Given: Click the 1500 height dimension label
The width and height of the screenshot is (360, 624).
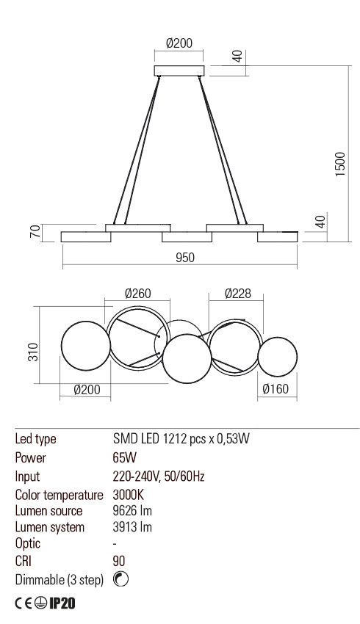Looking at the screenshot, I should (x=340, y=164).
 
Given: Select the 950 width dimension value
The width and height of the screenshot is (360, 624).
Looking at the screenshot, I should (x=184, y=257).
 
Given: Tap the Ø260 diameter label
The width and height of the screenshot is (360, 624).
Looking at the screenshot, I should (x=137, y=293).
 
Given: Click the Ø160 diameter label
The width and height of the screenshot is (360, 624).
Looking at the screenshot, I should (x=276, y=390).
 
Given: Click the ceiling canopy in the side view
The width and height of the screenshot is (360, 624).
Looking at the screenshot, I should (x=179, y=70).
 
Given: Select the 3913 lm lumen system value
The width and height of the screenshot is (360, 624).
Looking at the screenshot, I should (x=132, y=527).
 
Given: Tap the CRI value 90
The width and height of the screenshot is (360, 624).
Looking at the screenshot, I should (x=119, y=562).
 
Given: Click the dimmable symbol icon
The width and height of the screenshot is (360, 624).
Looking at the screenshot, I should (x=122, y=579).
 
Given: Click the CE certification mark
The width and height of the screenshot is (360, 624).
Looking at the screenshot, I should (x=24, y=604).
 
